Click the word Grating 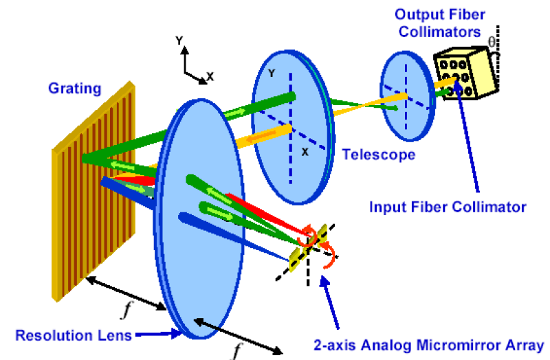[74, 88]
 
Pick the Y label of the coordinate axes [179, 41]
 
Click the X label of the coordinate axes [210, 77]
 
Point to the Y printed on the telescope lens [272, 74]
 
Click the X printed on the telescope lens [304, 151]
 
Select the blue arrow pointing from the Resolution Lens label [160, 335]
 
